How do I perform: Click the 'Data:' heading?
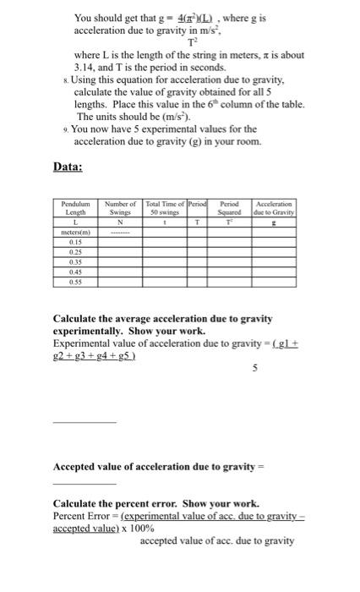pyautogui.click(x=70, y=168)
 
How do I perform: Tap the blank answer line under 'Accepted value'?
pyautogui.click(x=72, y=482)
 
